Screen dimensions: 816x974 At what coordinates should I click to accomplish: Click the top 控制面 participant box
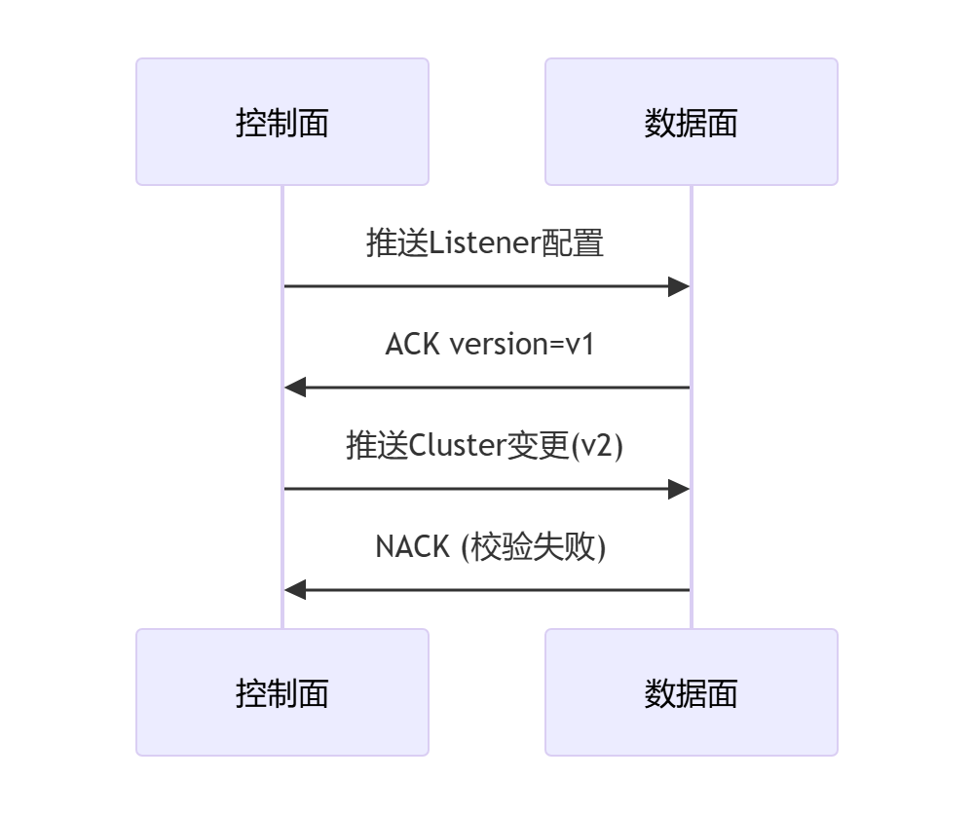pos(282,122)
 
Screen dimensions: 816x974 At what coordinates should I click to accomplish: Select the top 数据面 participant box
pos(691,122)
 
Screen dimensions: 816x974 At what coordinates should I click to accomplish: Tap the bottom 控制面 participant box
pos(282,692)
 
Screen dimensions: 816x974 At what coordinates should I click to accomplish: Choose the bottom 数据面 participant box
pos(691,692)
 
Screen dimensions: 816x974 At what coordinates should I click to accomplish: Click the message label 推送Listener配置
pos(485,242)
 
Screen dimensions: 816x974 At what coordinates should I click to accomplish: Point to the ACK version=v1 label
pos(489,344)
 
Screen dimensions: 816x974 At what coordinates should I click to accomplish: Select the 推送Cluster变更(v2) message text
pos(484,445)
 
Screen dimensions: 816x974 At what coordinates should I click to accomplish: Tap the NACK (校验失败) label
pos(491,546)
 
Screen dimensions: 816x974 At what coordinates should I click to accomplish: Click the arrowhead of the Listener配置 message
pos(679,286)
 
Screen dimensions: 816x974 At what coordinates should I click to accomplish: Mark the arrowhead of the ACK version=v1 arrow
pos(295,388)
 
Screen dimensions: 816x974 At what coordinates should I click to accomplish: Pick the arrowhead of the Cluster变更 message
pos(679,489)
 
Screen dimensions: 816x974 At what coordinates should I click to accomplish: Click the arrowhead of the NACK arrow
pos(295,590)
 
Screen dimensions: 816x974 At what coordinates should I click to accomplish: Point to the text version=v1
pos(521,344)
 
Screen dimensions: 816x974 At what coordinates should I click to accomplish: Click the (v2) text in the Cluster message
pos(596,445)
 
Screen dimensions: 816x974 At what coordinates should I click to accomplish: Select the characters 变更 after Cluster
pos(537,445)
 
